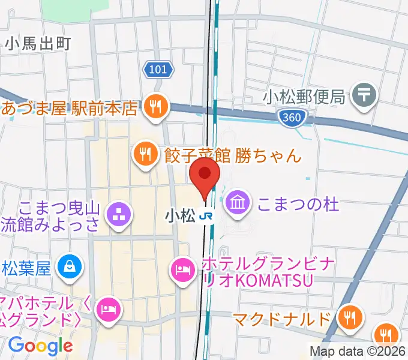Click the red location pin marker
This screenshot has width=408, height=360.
(205, 175)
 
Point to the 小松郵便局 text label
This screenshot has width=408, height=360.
(305, 95)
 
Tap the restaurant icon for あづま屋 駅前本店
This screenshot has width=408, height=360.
(157, 108)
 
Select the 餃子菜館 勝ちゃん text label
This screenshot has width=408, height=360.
(232, 156)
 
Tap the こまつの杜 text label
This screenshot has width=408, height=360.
(298, 204)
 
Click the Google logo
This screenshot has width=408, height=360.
(40, 345)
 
